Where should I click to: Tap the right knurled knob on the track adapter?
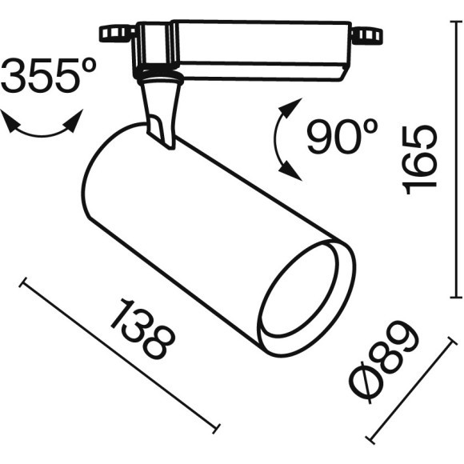point(368,35)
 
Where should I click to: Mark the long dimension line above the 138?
point(120,353)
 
